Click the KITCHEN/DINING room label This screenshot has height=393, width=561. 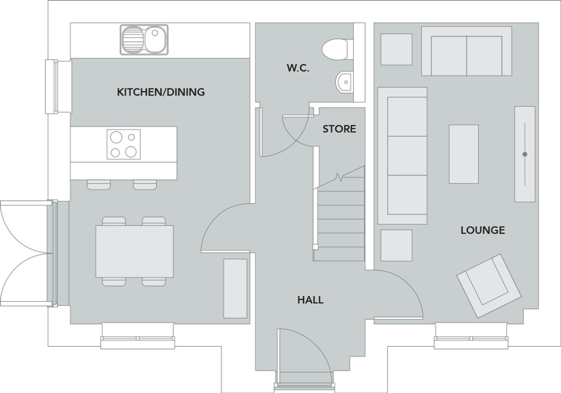tap(161, 92)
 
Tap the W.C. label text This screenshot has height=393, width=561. tap(298, 68)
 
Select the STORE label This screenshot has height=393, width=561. tap(339, 129)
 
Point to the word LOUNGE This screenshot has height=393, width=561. tap(482, 230)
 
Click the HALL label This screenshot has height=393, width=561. tap(310, 300)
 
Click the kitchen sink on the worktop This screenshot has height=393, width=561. tap(144, 40)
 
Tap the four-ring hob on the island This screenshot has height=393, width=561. tap(123, 144)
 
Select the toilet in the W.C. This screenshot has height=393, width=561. tap(335, 49)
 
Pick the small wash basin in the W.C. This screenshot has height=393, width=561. tap(344, 82)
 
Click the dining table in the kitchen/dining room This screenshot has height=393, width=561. tap(134, 251)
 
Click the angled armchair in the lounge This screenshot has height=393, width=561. tap(489, 286)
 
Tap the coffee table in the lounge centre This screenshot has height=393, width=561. tap(463, 154)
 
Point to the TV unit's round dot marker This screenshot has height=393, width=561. tap(525, 154)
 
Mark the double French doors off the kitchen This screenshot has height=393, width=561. tap(25, 254)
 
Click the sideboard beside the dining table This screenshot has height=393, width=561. tap(235, 288)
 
